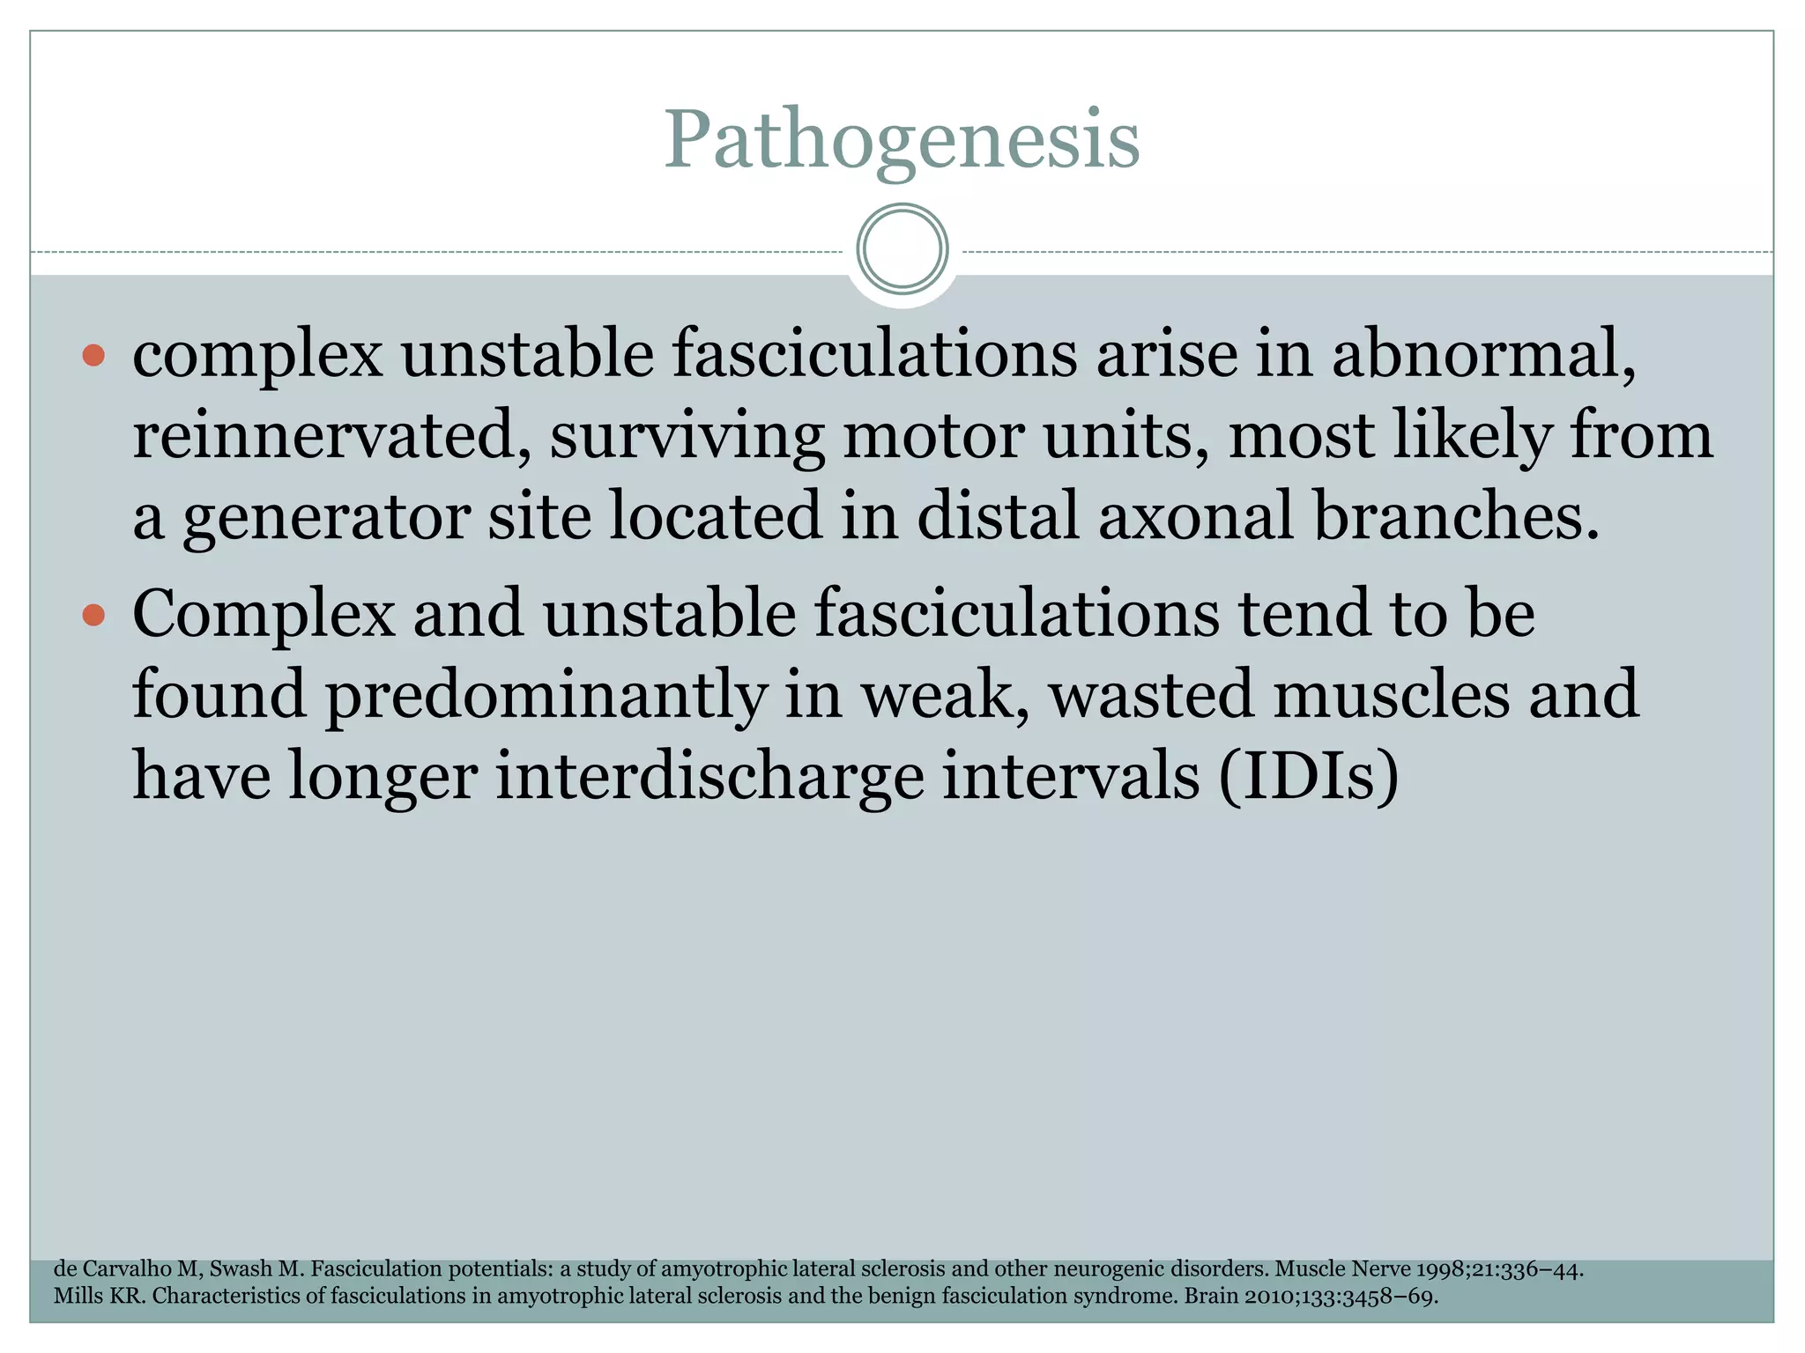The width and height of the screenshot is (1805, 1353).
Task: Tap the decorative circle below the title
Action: pyautogui.click(x=902, y=249)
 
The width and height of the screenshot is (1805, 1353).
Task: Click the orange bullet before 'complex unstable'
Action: pyautogui.click(x=93, y=356)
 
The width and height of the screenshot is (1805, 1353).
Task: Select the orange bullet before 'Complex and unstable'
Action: pyautogui.click(x=93, y=614)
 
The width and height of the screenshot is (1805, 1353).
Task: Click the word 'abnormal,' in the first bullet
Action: pyautogui.click(x=1483, y=354)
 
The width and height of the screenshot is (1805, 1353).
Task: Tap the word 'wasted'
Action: pyautogui.click(x=1150, y=694)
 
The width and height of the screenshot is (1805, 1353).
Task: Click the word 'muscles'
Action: pyautogui.click(x=1392, y=694)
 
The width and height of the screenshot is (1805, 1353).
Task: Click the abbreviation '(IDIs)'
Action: pyautogui.click(x=1310, y=775)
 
